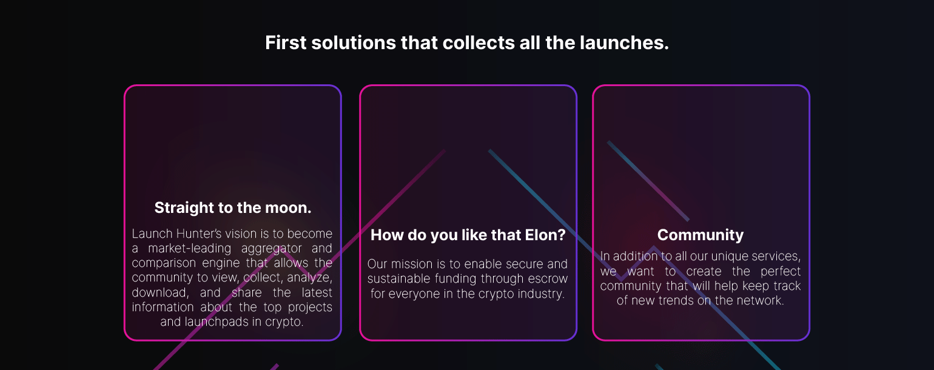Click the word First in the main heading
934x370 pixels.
point(286,42)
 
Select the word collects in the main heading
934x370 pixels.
point(479,42)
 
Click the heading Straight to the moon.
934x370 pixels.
point(233,207)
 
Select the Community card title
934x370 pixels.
point(700,235)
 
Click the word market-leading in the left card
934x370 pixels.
point(189,248)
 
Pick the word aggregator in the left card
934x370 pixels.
point(271,249)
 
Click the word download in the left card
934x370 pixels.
point(160,292)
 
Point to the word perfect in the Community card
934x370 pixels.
point(781,271)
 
